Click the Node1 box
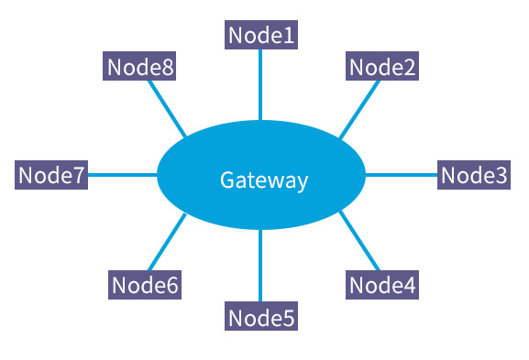261,35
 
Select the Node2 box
382,67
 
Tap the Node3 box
473,175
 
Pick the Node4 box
382,285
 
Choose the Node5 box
261,317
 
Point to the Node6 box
144,285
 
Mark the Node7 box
51,175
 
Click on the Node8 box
140,67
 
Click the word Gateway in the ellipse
263,180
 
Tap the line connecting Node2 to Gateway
360,109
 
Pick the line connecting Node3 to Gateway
402,175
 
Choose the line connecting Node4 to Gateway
359,241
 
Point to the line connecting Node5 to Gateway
261,266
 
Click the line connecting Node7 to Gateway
122,175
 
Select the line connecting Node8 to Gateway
167,107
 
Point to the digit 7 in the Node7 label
78,175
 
